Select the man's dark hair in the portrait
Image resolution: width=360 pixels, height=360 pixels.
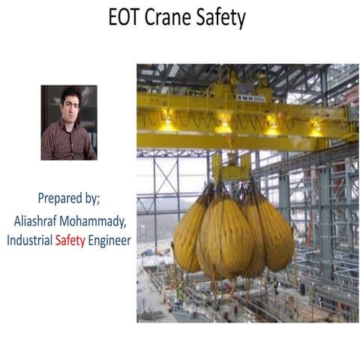(67, 92)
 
